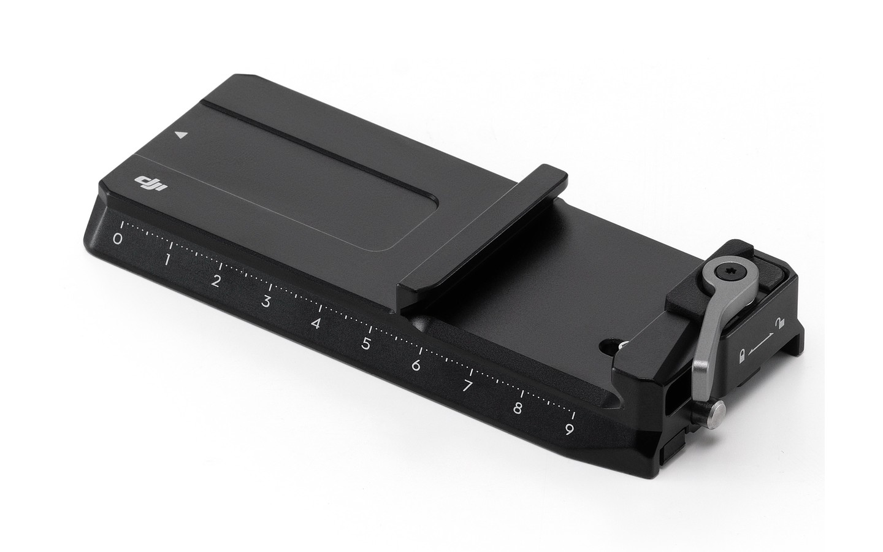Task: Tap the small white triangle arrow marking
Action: [180, 135]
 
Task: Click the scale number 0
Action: [117, 239]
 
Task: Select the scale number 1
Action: [167, 260]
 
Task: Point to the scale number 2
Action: [215, 281]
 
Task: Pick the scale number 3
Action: [266, 302]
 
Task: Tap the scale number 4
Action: [315, 323]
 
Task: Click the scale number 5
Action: [366, 344]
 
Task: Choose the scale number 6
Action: [416, 365]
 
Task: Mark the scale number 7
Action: [467, 386]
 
